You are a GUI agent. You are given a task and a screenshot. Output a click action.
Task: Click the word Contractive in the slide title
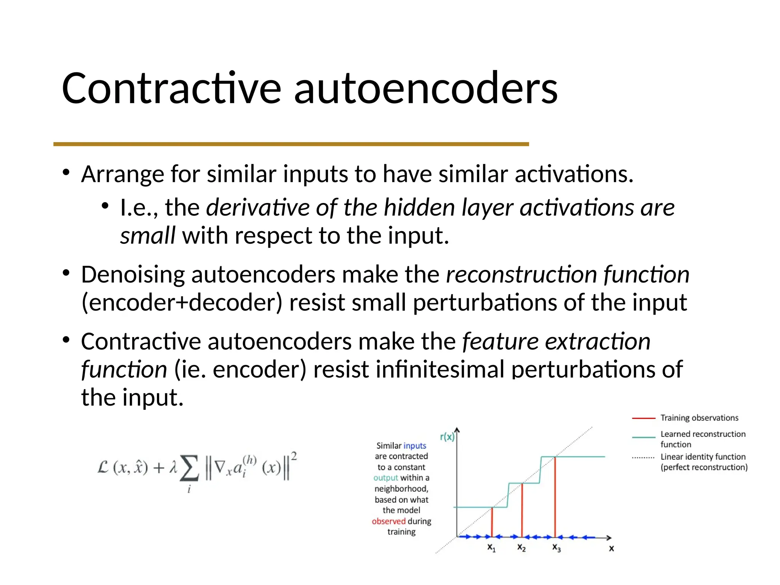pos(171,88)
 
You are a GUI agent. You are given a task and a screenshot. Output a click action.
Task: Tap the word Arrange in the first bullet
pos(122,174)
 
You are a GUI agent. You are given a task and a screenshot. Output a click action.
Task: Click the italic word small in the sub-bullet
pos(147,236)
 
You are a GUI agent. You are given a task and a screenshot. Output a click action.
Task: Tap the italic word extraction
pos(598,341)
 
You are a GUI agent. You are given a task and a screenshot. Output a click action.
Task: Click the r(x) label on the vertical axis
pos(447,437)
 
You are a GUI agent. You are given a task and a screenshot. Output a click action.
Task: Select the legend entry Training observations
pos(699,418)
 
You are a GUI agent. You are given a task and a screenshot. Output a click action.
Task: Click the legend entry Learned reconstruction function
pos(703,439)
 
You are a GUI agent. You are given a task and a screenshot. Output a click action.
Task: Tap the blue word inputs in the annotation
pos(414,446)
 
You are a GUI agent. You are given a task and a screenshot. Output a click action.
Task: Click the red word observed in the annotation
pos(388,521)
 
